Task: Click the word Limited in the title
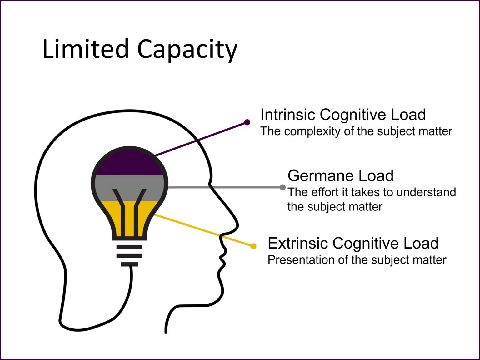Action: coord(85,49)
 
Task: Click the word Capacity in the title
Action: coord(187,50)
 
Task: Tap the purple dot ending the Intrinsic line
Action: coord(247,122)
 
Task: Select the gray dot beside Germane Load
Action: coord(282,187)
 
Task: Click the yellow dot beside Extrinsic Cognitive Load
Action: coord(253,246)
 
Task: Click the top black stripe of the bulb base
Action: coord(129,247)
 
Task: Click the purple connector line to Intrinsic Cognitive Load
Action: coord(200,139)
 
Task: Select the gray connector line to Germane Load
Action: coord(225,187)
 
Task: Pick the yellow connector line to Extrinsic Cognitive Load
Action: coord(203,230)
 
